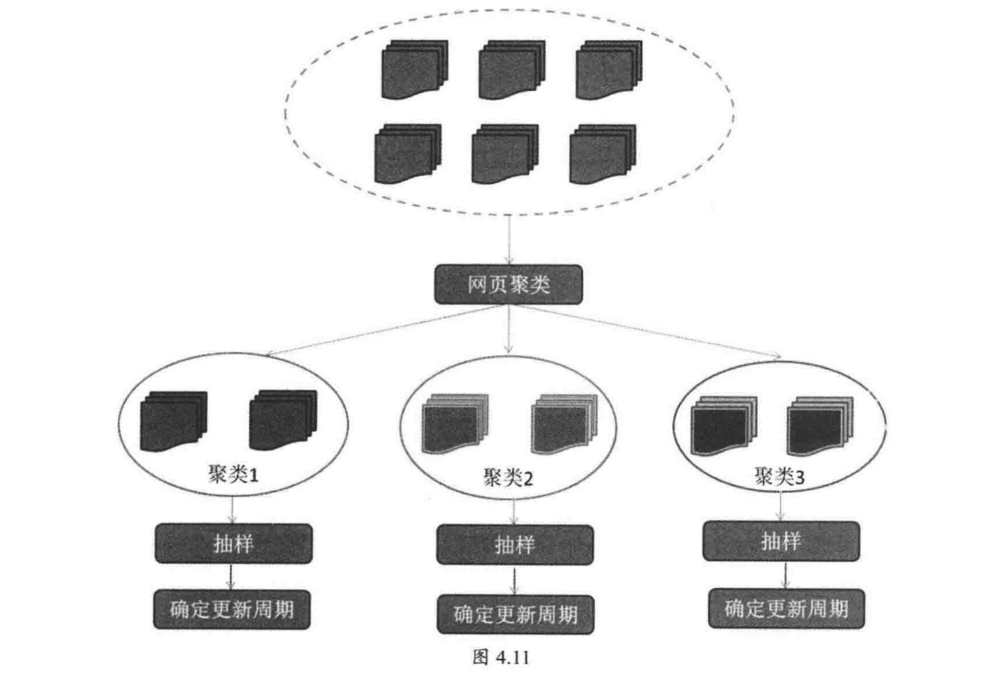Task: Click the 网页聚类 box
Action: point(508,285)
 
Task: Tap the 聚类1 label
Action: point(233,474)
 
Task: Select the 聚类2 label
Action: point(508,477)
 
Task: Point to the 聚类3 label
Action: point(779,476)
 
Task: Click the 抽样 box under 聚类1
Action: point(233,544)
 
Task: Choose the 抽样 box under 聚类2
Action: point(514,545)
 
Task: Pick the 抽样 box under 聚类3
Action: point(781,541)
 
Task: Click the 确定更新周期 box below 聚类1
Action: point(232,609)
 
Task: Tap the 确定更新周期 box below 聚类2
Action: point(516,614)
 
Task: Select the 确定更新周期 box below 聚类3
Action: point(786,608)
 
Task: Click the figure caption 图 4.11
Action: point(501,657)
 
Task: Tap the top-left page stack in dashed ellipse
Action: point(414,70)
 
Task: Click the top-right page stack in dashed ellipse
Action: point(609,70)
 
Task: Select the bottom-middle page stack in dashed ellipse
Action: point(504,154)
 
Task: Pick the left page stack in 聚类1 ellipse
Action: point(173,421)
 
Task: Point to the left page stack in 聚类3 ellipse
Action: point(723,426)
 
